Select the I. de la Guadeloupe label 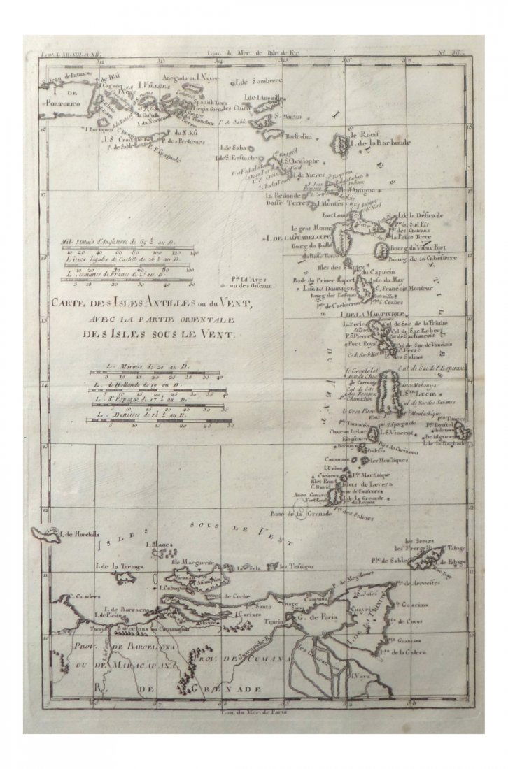pos(295,238)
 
